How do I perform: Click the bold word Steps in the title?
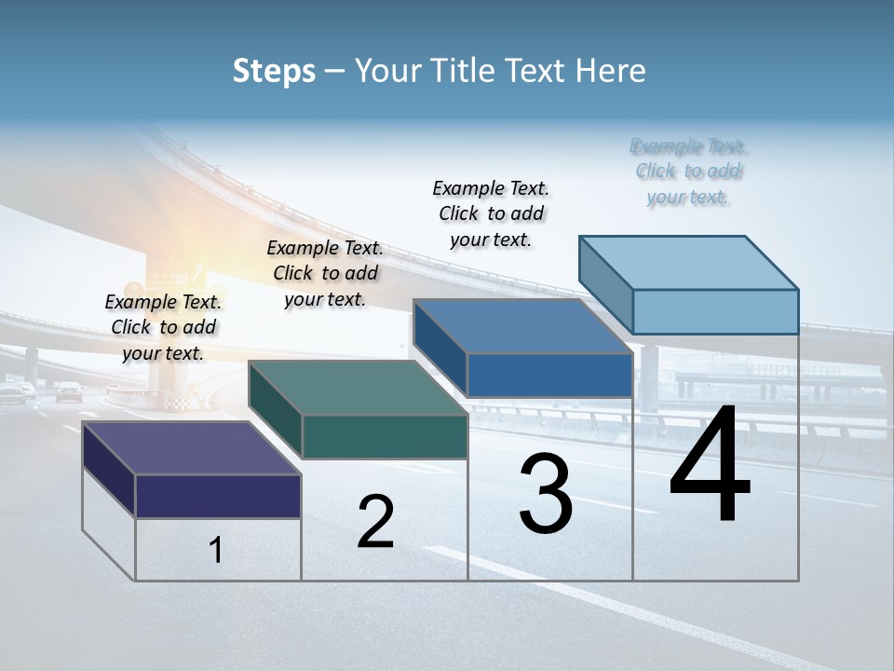[x=274, y=71]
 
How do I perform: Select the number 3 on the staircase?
[x=546, y=494]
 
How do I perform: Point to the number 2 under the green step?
[x=376, y=522]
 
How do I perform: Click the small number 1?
[x=216, y=551]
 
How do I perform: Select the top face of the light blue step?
[x=688, y=262]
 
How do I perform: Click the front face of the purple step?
[x=218, y=496]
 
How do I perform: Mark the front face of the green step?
[x=385, y=436]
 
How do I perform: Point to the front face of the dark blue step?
[x=549, y=375]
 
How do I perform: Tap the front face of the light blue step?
[x=715, y=311]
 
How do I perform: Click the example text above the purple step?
[x=163, y=327]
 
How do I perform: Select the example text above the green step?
[x=325, y=273]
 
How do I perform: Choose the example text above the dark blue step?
[x=491, y=213]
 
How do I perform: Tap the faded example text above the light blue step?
[x=688, y=171]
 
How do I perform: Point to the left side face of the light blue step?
[x=605, y=284]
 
